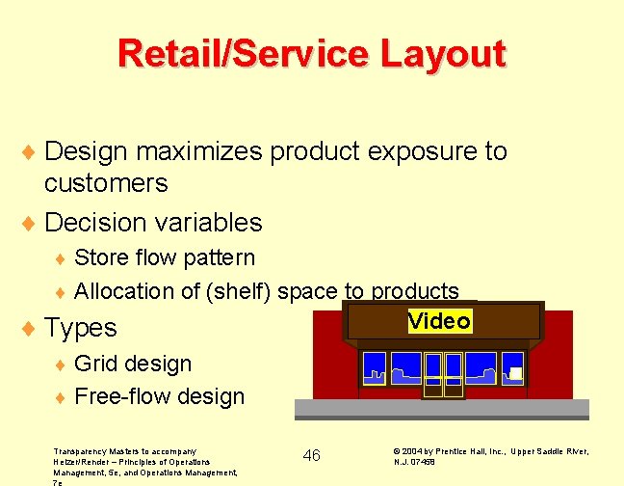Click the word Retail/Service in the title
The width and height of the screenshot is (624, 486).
tap(238, 53)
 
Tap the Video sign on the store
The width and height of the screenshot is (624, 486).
tap(439, 321)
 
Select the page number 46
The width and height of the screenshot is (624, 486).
tap(312, 455)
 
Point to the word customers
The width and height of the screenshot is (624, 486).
tap(106, 183)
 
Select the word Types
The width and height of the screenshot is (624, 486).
tap(81, 328)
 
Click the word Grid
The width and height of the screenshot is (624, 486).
tap(94, 364)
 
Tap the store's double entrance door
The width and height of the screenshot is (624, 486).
tap(445, 374)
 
